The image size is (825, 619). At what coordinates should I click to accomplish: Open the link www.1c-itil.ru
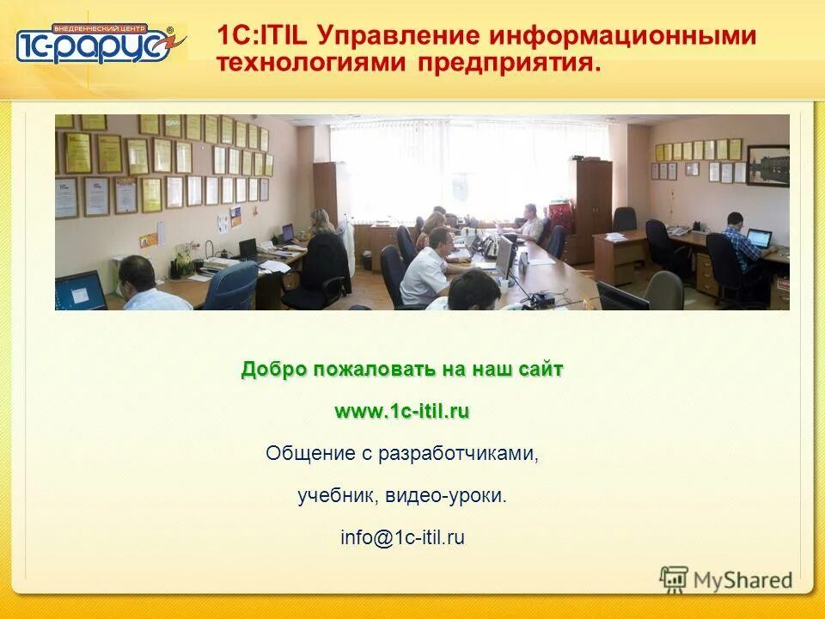pyautogui.click(x=401, y=411)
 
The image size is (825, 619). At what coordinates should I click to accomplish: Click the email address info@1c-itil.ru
pyautogui.click(x=401, y=538)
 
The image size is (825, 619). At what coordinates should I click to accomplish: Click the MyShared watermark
pyautogui.click(x=727, y=579)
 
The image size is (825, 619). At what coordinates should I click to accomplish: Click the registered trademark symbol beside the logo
pyautogui.click(x=169, y=31)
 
